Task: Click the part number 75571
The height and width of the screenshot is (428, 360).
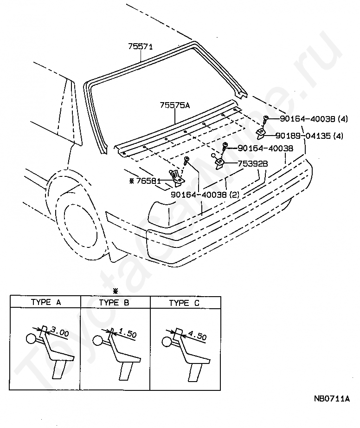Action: click(x=141, y=46)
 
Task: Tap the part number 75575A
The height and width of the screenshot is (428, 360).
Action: click(x=175, y=105)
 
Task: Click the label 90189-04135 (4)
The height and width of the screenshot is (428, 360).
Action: click(x=309, y=136)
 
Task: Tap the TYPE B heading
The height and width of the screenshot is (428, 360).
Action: click(x=114, y=303)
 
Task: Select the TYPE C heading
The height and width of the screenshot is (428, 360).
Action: click(x=184, y=303)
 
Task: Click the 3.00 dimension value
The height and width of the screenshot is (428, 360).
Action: click(x=59, y=333)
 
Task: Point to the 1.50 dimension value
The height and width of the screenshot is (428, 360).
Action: click(x=127, y=334)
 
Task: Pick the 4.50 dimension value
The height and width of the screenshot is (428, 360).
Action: click(x=197, y=335)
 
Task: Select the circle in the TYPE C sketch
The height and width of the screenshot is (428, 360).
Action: click(x=166, y=342)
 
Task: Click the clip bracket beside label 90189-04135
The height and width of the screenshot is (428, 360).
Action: click(x=261, y=135)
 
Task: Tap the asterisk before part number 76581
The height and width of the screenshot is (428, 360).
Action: click(x=132, y=180)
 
